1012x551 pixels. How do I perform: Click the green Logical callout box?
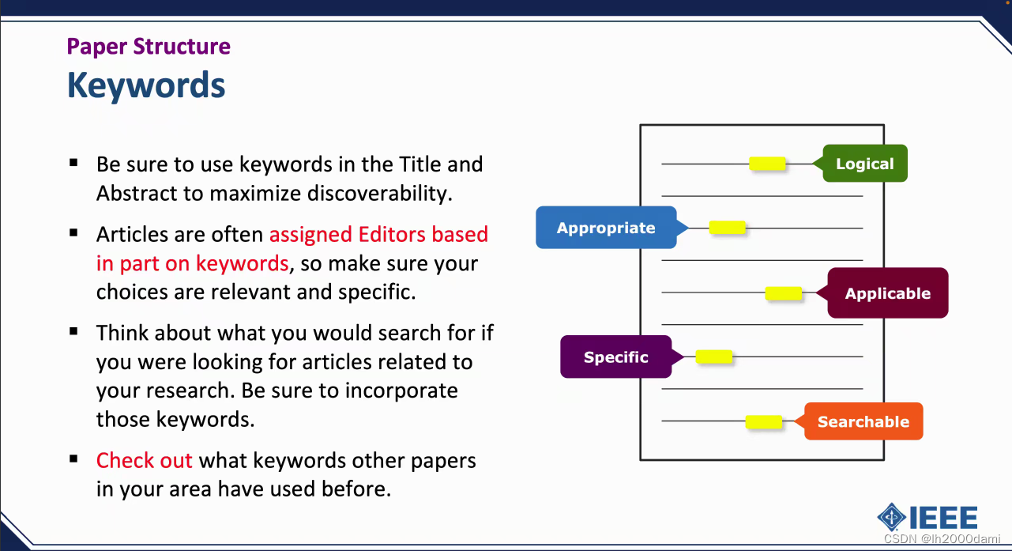click(865, 163)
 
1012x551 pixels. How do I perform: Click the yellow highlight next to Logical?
click(767, 163)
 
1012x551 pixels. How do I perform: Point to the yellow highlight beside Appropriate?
click(727, 228)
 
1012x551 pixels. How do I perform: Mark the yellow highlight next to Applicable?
click(784, 293)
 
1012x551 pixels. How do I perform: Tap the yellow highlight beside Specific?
click(714, 357)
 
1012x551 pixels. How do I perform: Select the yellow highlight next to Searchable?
click(763, 421)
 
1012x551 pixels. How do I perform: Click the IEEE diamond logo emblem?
click(891, 517)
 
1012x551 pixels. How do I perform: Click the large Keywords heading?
click(146, 85)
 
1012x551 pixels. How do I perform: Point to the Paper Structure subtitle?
click(149, 47)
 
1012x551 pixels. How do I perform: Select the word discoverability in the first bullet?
click(380, 194)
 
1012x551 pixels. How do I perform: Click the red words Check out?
click(144, 461)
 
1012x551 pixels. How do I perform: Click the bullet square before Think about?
click(73, 331)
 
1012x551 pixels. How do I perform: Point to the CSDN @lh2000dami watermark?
click(942, 539)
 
